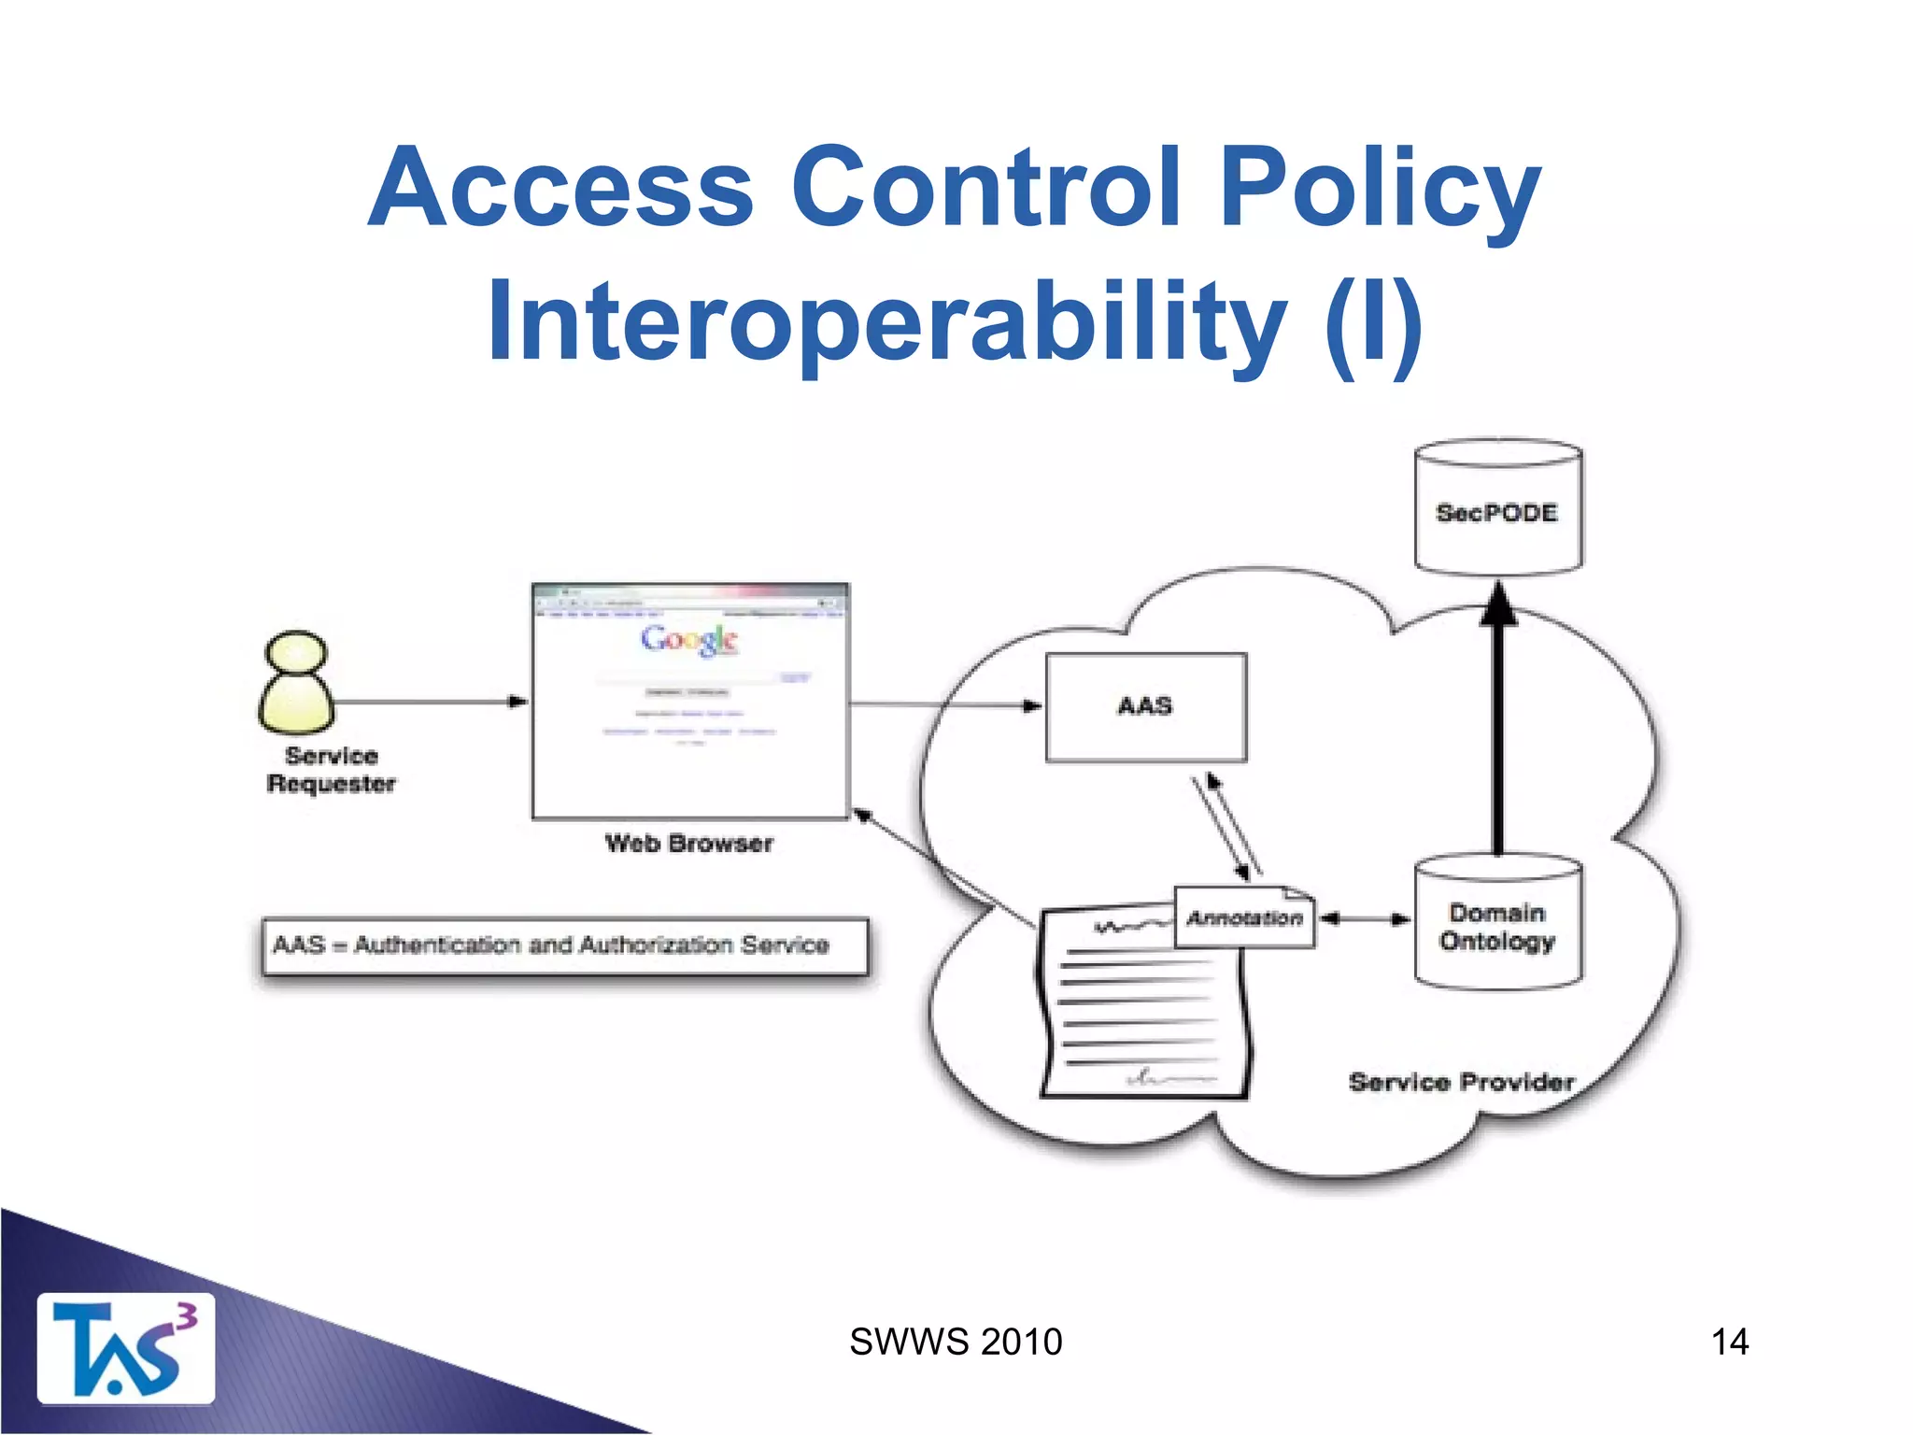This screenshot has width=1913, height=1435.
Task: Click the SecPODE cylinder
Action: [x=1497, y=509]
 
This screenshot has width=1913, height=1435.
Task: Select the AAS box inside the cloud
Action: [x=1146, y=706]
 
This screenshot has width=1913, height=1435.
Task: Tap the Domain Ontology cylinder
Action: [x=1497, y=923]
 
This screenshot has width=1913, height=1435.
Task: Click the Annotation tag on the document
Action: [x=1244, y=918]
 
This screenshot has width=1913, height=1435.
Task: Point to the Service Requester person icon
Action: [x=296, y=683]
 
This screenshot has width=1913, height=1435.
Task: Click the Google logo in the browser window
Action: [x=689, y=640]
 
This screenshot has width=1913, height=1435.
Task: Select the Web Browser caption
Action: [x=689, y=844]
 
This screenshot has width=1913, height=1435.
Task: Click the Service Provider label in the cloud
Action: [x=1461, y=1082]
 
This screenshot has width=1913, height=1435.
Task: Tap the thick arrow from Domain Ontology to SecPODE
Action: [x=1498, y=729]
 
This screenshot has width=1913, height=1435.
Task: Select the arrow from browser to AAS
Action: [x=943, y=705]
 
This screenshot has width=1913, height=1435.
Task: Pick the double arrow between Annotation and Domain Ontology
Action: [x=1364, y=918]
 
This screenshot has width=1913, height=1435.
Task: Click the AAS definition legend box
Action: [x=565, y=945]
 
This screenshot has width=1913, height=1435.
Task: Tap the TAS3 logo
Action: [x=125, y=1348]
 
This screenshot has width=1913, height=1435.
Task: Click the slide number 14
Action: [x=1729, y=1342]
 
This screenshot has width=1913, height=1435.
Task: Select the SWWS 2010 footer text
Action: [x=956, y=1342]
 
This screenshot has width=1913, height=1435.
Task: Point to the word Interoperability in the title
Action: [x=886, y=320]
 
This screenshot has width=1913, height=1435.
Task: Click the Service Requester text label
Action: [x=331, y=769]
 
